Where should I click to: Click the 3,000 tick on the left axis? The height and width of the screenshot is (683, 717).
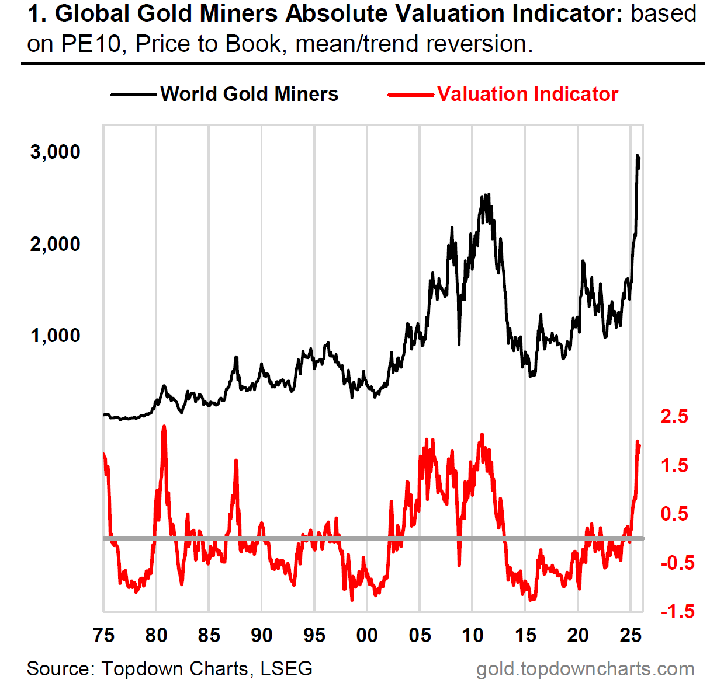click(x=55, y=152)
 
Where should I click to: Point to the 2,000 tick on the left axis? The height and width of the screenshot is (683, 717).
click(x=55, y=244)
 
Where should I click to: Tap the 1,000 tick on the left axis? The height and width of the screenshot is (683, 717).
click(x=55, y=336)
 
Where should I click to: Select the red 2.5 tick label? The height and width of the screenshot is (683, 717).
click(x=674, y=417)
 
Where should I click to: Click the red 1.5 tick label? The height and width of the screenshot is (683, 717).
click(x=674, y=466)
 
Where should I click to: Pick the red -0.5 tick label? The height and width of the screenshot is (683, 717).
click(x=677, y=563)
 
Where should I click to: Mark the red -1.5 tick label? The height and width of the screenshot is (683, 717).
click(x=677, y=611)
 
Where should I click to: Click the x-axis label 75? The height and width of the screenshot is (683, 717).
click(x=104, y=635)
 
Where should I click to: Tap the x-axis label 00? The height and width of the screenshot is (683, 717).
click(x=367, y=635)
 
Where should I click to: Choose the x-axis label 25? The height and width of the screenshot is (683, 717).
click(x=631, y=635)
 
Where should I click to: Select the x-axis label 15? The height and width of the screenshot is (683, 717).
click(x=525, y=635)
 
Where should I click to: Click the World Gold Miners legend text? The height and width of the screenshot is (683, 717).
click(x=250, y=95)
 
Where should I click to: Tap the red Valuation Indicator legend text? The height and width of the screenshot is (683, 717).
click(x=527, y=95)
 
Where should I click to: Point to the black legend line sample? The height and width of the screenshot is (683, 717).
click(x=134, y=95)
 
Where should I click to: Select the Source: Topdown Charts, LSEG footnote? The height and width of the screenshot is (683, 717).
click(x=169, y=668)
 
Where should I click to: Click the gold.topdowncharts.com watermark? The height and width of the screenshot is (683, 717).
click(x=585, y=669)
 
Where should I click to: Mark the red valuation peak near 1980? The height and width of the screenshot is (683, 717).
click(x=164, y=427)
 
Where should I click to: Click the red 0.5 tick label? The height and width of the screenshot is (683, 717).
click(x=674, y=514)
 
